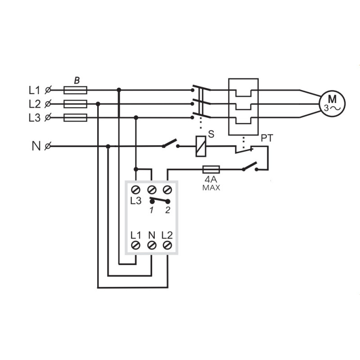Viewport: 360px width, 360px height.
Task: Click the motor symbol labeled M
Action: [x=332, y=103]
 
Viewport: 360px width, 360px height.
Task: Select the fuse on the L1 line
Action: [x=75, y=90]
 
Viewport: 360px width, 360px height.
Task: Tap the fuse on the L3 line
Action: [x=75, y=117]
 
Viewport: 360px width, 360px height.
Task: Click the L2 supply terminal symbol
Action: [x=48, y=104]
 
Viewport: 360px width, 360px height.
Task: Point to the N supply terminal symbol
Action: [x=48, y=146]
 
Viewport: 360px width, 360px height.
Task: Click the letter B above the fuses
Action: [x=77, y=81]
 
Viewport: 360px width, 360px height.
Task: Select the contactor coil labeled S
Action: [x=200, y=147]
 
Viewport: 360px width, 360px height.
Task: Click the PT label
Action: [x=267, y=138]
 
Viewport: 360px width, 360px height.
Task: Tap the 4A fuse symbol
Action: [x=211, y=170]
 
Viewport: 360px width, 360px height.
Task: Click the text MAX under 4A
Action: [x=211, y=188]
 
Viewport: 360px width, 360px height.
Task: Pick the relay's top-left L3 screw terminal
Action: [x=135, y=190]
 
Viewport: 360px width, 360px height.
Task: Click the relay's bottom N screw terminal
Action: [x=152, y=245]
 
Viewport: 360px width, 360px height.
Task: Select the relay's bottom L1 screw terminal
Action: [x=135, y=245]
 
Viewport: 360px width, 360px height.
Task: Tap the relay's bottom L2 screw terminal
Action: [x=167, y=245]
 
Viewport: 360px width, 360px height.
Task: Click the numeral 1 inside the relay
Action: [x=151, y=210]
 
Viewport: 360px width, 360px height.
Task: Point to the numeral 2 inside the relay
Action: [x=168, y=210]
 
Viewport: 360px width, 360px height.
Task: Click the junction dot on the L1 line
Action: [x=119, y=90]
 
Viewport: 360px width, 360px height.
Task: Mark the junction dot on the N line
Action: [x=108, y=146]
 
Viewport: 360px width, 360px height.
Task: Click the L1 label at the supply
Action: [x=35, y=90]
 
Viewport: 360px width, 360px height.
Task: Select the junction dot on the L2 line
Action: [x=98, y=104]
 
